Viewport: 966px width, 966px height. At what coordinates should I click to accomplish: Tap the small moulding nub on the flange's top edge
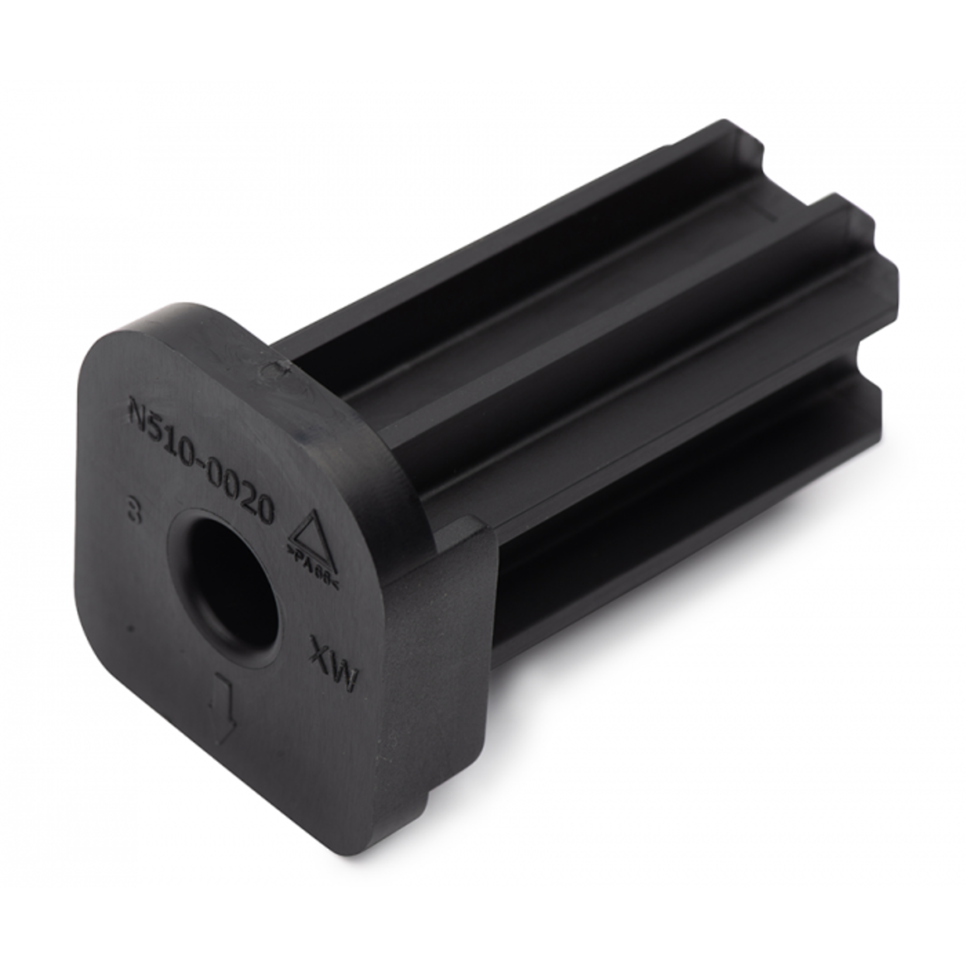click(x=275, y=367)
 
